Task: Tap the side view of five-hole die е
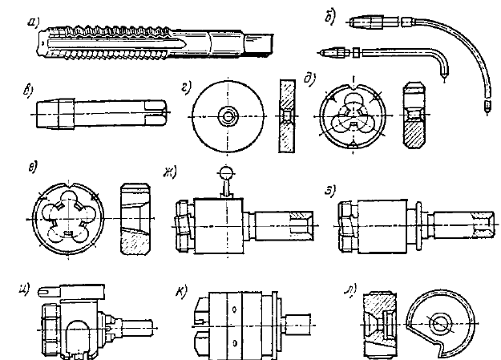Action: click(134, 217)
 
